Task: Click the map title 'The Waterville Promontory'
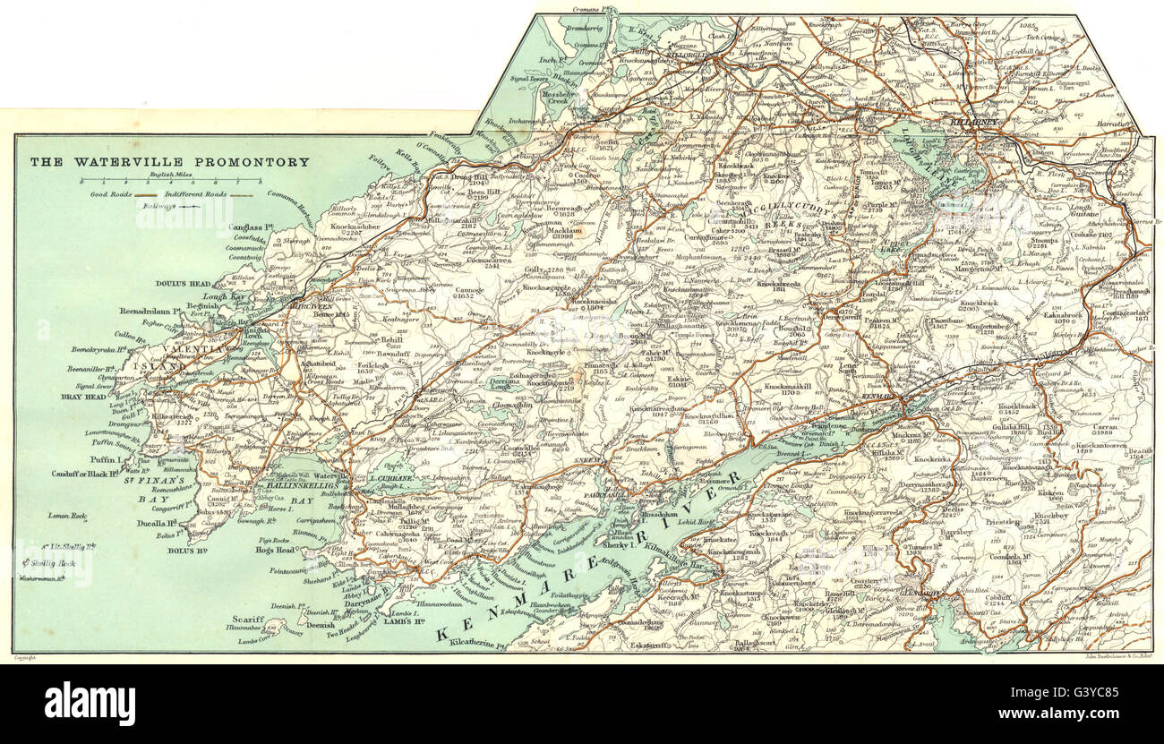[170, 162]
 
